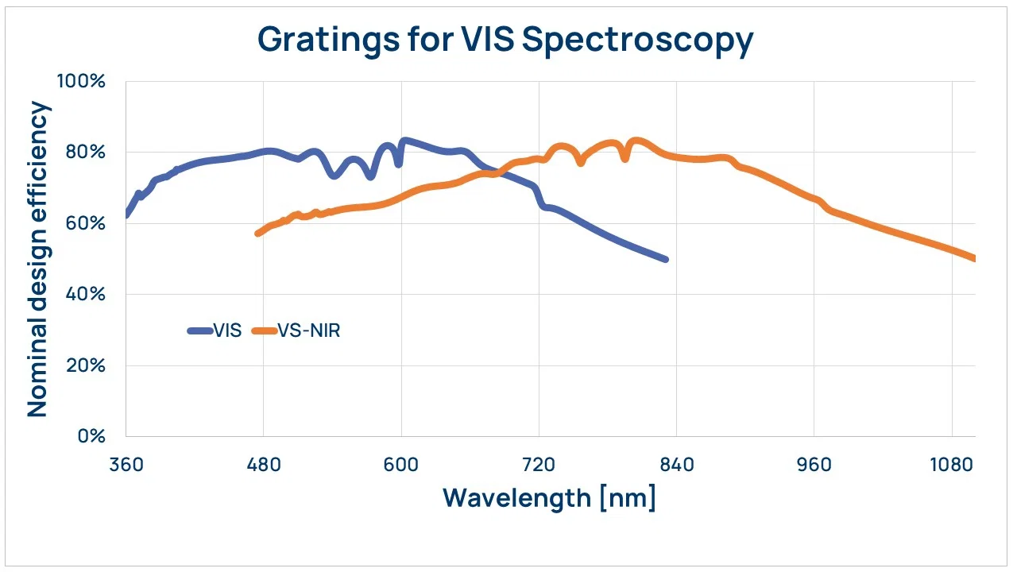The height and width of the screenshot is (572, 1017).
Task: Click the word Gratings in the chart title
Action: (329, 41)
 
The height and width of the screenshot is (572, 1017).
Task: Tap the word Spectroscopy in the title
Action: (638, 41)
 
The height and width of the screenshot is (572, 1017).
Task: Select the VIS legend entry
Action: (215, 330)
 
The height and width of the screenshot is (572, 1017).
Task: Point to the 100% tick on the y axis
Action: (81, 81)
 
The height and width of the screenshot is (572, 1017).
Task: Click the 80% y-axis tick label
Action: (85, 152)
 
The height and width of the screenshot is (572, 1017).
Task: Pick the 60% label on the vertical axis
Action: (85, 223)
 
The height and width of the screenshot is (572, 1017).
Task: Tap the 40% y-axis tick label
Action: (85, 294)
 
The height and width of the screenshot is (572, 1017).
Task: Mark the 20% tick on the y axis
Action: (85, 365)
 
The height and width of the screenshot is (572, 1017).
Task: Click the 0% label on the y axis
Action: (91, 436)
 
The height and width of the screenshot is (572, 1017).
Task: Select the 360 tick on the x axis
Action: (126, 465)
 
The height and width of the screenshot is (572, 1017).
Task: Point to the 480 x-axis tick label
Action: (264, 465)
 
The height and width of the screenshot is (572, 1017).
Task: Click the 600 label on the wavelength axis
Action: (401, 465)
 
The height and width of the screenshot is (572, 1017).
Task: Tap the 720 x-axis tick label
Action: (539, 465)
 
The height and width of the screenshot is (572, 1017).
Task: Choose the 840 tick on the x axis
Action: (676, 465)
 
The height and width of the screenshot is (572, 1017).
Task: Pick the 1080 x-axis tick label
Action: (952, 465)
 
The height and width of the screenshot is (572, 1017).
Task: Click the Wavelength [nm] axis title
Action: (549, 498)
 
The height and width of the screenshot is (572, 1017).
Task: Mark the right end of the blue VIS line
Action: (666, 259)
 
